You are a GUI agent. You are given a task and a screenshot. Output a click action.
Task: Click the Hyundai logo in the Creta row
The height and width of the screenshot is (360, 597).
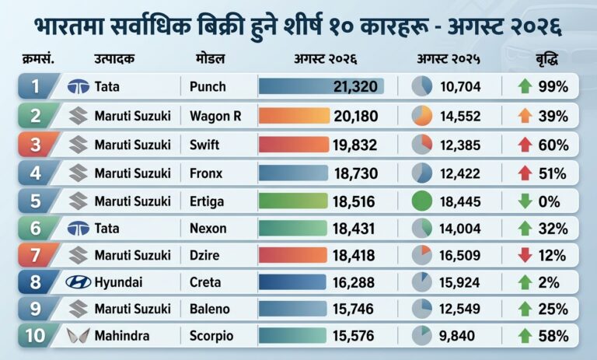pos(79,282)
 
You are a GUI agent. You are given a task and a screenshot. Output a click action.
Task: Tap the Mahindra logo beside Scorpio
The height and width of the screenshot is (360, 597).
pos(79,336)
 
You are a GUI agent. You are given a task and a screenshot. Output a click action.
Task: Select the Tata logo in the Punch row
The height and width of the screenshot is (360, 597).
pos(79,87)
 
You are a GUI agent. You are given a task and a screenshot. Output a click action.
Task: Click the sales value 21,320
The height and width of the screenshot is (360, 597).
pos(355,86)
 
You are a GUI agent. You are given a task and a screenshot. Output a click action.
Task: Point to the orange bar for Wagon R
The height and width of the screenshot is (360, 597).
pos(294,116)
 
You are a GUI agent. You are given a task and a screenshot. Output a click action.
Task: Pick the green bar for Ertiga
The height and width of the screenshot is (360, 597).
pos(293,201)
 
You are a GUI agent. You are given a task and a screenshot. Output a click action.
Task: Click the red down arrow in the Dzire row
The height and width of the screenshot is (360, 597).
pos(525,255)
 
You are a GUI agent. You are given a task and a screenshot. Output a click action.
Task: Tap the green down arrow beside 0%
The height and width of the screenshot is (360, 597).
pos(525,201)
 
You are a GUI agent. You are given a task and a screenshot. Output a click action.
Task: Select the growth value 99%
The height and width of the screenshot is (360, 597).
pos(553,87)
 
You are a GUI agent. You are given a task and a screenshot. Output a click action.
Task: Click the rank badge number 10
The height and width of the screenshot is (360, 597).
pos(35,336)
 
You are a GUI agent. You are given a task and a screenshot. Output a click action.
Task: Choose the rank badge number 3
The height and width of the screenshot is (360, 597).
pos(36,145)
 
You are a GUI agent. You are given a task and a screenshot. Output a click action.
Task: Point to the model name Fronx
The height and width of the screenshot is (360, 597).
pos(206,173)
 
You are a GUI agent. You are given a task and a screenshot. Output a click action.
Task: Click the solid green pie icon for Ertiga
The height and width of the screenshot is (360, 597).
pos(422,201)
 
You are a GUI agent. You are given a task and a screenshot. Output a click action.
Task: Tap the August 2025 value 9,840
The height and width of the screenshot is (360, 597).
pos(457,336)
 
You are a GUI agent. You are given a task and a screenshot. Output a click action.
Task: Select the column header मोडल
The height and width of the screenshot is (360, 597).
pos(210,59)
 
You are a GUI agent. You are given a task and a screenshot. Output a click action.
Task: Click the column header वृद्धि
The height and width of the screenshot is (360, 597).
pos(546,60)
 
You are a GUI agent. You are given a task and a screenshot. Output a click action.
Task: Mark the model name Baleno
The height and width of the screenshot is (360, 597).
pos(209,309)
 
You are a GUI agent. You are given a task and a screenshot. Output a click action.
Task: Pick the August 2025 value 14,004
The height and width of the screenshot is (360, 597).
pos(459,229)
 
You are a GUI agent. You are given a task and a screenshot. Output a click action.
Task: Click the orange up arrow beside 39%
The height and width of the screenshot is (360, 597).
pos(525,116)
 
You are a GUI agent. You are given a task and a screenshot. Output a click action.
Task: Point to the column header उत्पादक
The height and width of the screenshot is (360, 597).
pos(114,59)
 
